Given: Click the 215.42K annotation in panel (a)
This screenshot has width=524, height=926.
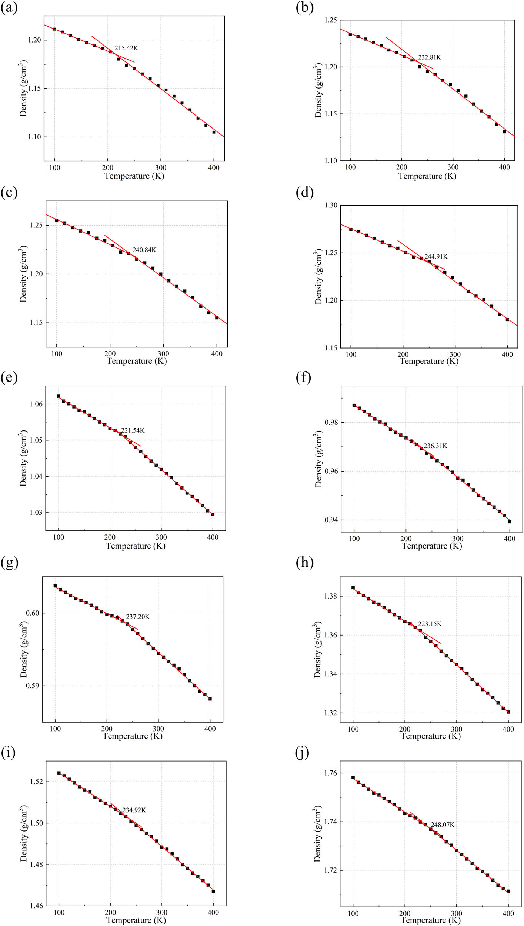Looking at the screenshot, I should [x=126, y=48].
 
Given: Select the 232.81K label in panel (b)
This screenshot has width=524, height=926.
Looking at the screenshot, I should [x=430, y=57].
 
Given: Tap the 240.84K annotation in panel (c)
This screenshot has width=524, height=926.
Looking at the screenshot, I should [x=144, y=250].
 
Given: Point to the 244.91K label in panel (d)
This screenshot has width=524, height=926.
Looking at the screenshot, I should [x=436, y=257].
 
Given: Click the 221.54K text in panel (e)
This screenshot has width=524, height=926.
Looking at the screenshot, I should [x=133, y=430].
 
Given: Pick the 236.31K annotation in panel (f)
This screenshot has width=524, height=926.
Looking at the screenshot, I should [x=435, y=446].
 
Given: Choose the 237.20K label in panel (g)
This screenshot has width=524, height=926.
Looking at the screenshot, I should [x=138, y=617].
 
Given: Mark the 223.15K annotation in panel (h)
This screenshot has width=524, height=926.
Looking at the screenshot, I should [x=430, y=624].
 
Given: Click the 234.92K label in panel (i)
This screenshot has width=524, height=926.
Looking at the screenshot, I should [x=134, y=810].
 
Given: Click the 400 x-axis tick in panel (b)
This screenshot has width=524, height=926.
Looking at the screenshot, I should [x=504, y=167].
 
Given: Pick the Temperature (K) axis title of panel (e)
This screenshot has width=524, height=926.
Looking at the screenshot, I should [x=136, y=546].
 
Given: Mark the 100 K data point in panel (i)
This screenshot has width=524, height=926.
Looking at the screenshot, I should [x=59, y=773].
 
